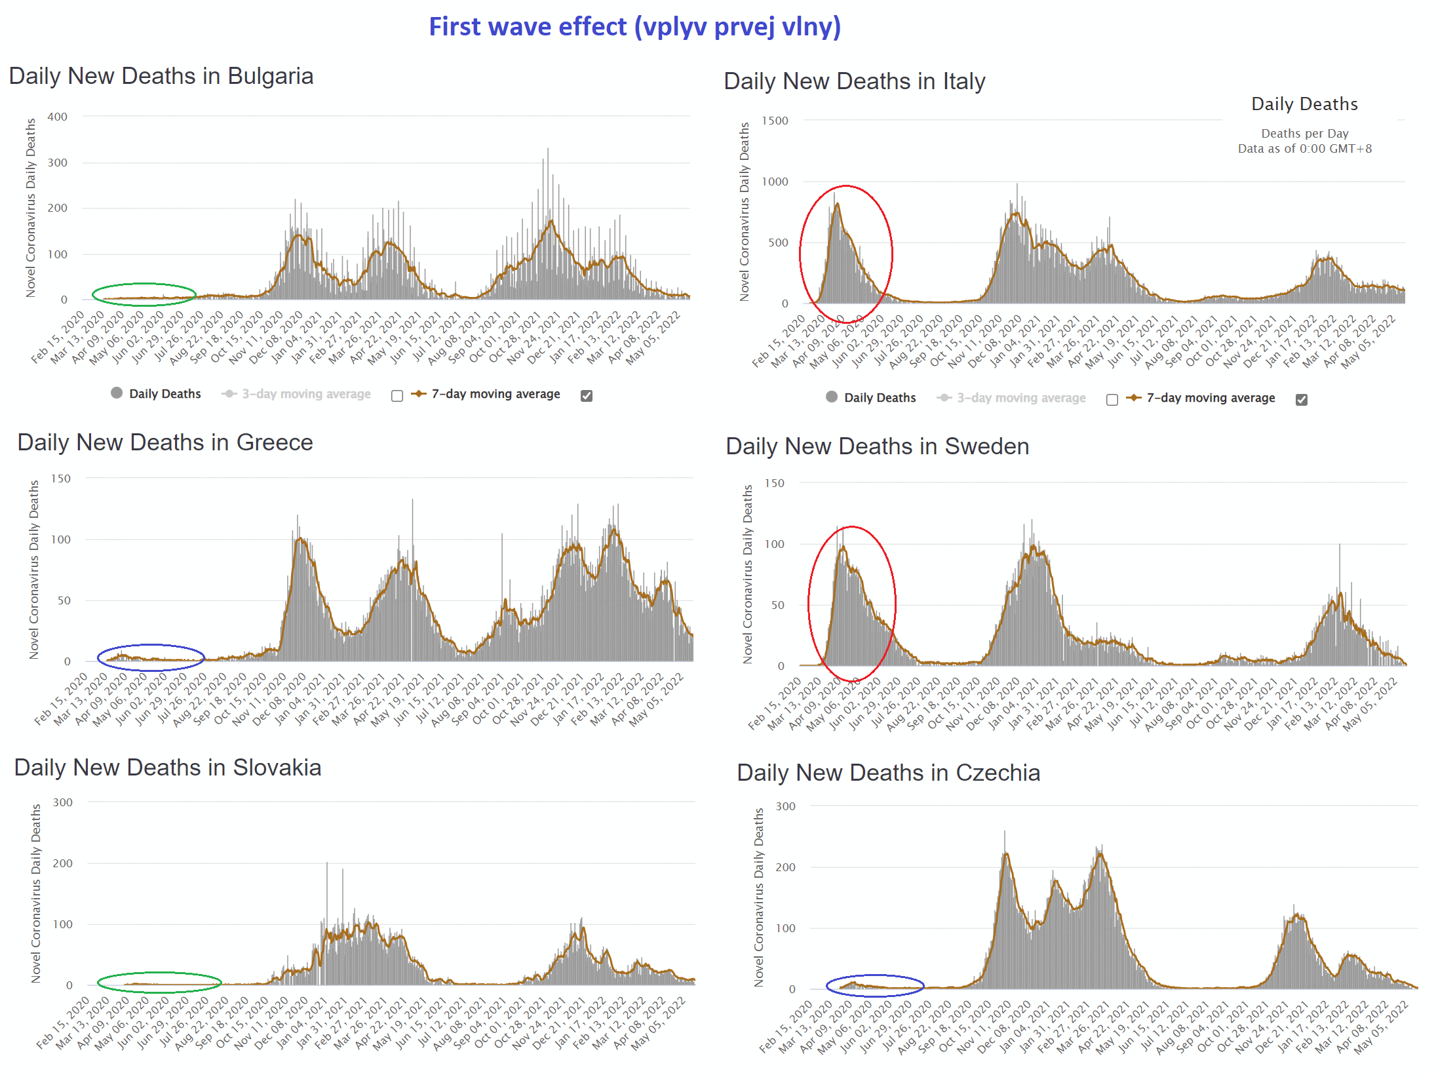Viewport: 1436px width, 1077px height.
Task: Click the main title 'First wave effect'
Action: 634,27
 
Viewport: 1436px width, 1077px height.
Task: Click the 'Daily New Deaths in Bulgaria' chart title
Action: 161,76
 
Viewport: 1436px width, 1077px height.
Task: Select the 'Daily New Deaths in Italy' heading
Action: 854,81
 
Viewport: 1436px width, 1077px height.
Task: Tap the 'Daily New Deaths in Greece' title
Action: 165,442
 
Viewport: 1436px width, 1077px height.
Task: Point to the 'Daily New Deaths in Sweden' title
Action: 877,446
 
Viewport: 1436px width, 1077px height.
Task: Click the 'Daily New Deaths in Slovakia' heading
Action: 168,768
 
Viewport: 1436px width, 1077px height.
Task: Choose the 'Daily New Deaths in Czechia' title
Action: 888,773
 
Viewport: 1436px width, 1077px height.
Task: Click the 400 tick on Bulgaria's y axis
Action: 58,117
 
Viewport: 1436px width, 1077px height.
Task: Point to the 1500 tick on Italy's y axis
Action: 775,121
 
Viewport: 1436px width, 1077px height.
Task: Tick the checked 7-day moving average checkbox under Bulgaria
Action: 587,395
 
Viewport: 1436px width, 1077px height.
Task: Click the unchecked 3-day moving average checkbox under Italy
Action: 1112,399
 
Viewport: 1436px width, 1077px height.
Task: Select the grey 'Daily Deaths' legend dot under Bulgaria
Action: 117,393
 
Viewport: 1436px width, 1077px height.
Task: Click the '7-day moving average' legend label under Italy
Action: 1211,398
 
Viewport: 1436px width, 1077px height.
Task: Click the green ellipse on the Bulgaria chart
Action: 144,285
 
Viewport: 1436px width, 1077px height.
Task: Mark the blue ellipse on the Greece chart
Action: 151,646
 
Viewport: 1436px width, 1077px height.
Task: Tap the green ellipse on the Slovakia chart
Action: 159,973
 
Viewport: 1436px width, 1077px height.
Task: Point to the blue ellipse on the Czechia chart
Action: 875,977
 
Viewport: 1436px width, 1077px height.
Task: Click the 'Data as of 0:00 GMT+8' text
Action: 1304,149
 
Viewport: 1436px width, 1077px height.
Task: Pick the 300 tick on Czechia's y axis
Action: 785,806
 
